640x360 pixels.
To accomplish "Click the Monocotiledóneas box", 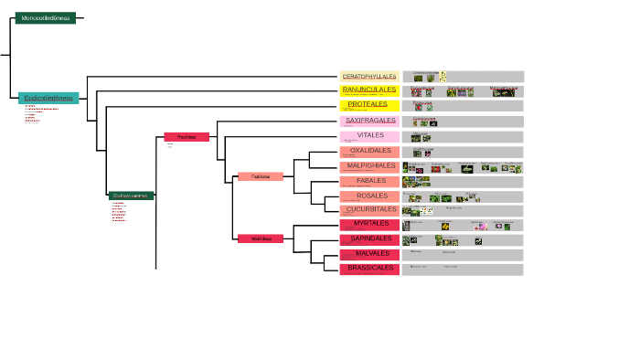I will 46,17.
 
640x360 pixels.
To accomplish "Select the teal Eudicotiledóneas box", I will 48,98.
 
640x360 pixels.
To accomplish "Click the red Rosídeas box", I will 187,137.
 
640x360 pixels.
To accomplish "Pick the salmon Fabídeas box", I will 261,176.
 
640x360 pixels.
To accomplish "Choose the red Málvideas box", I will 261,238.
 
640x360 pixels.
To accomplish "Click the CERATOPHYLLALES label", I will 369,76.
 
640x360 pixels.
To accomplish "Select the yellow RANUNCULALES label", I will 369,90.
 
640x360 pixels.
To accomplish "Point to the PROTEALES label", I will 369,105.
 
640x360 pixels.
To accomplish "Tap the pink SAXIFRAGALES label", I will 369,121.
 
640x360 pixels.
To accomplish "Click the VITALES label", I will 369,135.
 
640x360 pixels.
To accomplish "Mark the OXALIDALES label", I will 369,151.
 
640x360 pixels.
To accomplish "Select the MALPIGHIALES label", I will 369,166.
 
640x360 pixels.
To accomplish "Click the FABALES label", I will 369,181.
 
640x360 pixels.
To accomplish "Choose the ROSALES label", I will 369,196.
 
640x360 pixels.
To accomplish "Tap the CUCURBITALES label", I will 369,209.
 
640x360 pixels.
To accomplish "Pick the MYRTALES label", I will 369,224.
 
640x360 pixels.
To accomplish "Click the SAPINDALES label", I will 369,239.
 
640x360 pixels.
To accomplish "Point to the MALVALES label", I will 369,254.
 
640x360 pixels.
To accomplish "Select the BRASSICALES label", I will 369,269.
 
